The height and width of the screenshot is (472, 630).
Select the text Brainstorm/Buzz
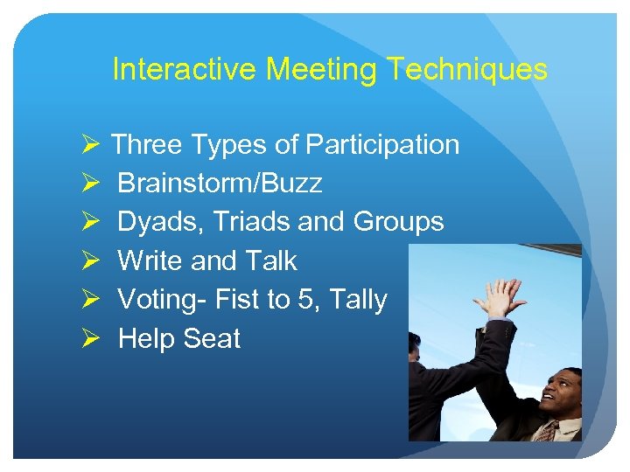(x=220, y=184)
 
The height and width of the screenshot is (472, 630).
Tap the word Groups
(x=398, y=222)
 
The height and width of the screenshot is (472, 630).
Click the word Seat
(x=211, y=338)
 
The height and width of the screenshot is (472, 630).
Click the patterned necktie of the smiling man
(x=546, y=430)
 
